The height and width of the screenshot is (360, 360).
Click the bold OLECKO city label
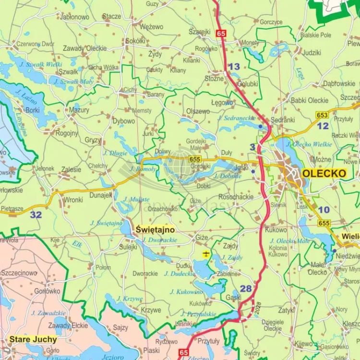coord(324,173)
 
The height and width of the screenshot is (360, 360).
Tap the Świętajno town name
coord(155,229)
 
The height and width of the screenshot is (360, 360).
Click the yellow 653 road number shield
coord(322,115)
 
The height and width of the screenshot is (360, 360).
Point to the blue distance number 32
coord(36,215)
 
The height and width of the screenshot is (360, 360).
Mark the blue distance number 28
coord(246,288)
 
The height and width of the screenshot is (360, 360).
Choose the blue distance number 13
coord(234,67)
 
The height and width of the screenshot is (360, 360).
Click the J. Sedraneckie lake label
coord(236,118)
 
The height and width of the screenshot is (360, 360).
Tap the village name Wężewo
coord(151,27)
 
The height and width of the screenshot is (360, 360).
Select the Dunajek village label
coord(100,195)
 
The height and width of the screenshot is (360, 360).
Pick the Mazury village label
coord(79,110)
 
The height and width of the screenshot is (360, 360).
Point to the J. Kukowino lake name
coord(186,291)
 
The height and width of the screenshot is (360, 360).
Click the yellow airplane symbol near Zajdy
coord(206,254)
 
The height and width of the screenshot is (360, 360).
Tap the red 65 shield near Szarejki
coord(221,34)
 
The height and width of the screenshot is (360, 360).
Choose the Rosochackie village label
coord(236,197)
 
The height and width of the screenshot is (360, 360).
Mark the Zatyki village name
coord(286,310)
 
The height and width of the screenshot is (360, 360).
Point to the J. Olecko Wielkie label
coord(309,144)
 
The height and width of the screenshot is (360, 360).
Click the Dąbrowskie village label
coord(339,84)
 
